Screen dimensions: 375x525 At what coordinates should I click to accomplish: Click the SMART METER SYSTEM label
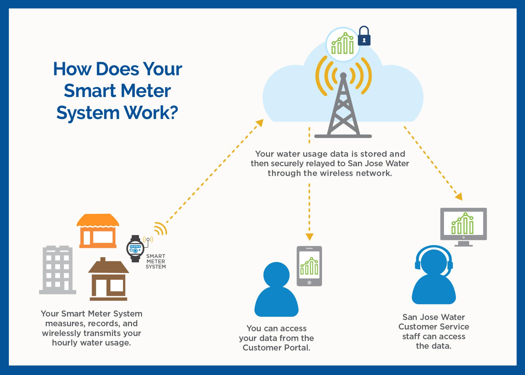(x=156, y=261)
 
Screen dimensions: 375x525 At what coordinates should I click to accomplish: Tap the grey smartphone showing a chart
(x=309, y=266)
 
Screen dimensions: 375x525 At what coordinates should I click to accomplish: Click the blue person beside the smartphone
(x=277, y=290)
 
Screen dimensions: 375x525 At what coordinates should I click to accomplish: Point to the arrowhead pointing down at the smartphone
(x=309, y=236)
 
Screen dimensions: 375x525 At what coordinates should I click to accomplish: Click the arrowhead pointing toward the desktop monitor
(x=459, y=197)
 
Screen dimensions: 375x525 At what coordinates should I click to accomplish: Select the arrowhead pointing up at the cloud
(x=260, y=123)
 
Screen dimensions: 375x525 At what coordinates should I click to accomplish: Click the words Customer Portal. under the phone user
(x=276, y=347)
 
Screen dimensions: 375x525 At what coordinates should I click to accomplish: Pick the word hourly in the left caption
(x=64, y=343)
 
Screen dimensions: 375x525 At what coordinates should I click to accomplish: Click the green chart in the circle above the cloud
(x=343, y=44)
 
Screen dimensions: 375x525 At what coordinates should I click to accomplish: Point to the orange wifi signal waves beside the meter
(x=161, y=228)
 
